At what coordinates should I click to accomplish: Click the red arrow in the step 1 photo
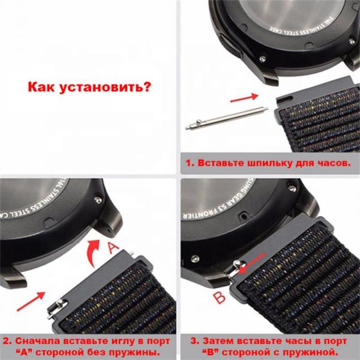point(244,97)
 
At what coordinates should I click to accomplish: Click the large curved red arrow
point(93,251)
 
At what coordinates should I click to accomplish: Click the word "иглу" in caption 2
point(118,341)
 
